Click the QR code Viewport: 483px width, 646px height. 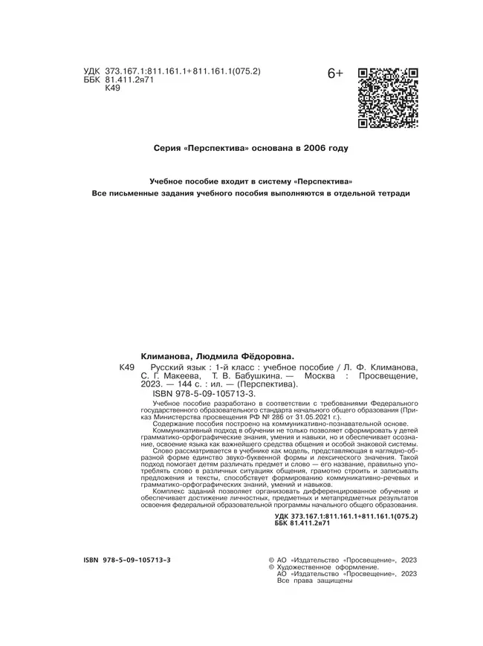pos(388,98)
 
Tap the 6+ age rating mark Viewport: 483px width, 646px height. pos(335,74)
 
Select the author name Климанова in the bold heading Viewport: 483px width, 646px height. pos(168,357)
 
